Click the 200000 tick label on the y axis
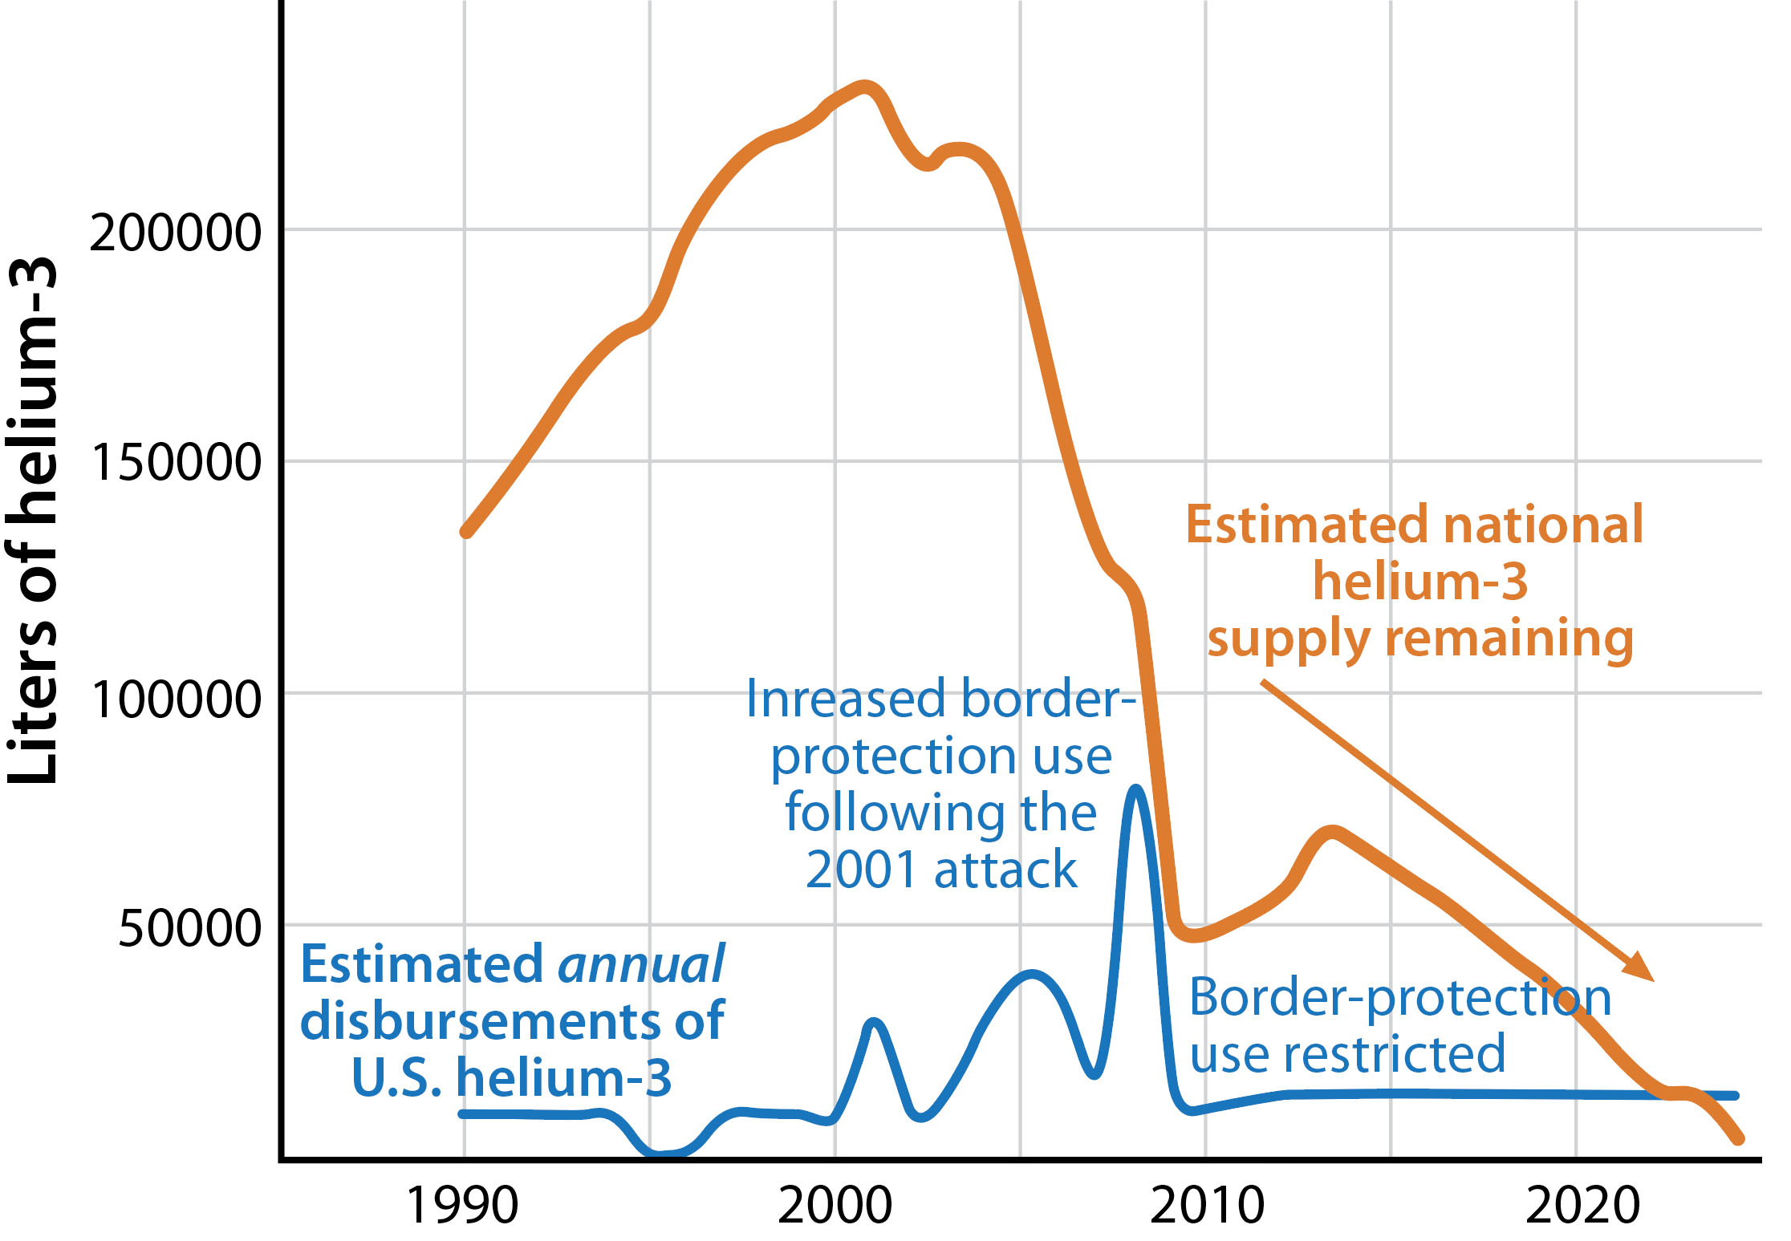(175, 233)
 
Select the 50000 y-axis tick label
(189, 929)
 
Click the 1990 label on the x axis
(462, 1205)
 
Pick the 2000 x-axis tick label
(835, 1205)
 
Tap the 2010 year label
(1206, 1205)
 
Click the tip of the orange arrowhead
(1654, 980)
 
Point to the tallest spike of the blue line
(1135, 789)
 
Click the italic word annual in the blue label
(642, 965)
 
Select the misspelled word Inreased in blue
(849, 699)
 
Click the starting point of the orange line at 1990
(466, 531)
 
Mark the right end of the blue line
(1735, 1095)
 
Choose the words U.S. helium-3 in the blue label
(512, 1077)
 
